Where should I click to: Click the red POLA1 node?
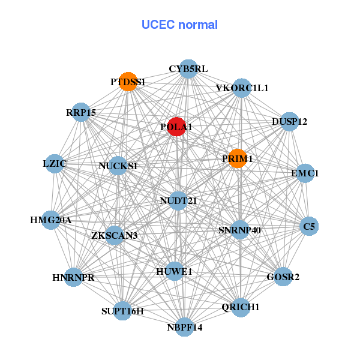pos(176,127)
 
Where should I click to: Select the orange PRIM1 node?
pos(238,158)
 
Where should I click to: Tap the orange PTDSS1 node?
pos(128,82)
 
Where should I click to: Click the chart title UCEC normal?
pos(179,25)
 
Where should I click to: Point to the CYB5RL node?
pos(188,69)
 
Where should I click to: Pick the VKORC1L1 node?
pos(242,88)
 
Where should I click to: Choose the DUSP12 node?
pos(289,122)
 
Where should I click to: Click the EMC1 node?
pos(305,173)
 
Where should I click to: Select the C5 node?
pos(309,226)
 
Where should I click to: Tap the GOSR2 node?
pos(283,277)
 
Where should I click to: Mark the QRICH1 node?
pos(240,307)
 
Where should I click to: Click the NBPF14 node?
pos(185,327)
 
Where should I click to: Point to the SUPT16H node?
pos(122,311)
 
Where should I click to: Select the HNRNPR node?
pos(73,277)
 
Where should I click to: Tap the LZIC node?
pos(55,163)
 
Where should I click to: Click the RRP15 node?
pos(81,112)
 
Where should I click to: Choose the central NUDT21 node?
pos(178,200)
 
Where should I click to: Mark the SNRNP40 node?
pos(239,229)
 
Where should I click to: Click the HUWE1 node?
pos(175,272)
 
